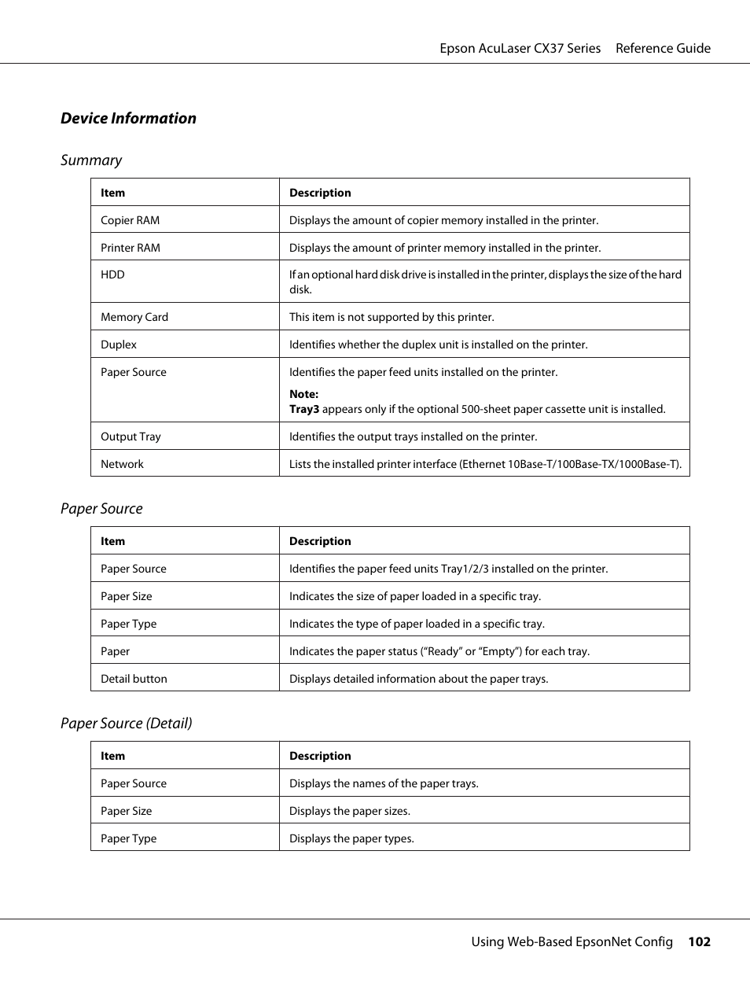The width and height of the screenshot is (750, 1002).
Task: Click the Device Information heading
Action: point(128,118)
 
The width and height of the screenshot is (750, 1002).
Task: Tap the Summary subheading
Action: point(91,160)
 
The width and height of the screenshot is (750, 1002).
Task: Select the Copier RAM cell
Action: point(130,220)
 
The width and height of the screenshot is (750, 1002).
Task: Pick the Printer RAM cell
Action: point(130,248)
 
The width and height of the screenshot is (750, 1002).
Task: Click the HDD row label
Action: point(112,274)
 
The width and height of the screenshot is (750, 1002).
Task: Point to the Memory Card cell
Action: point(134,317)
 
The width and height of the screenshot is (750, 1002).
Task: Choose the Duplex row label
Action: point(119,344)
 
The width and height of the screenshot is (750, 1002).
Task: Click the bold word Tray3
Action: point(303,409)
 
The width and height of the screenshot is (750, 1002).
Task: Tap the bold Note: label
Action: point(303,394)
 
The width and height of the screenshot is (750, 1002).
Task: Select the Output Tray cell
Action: point(131,437)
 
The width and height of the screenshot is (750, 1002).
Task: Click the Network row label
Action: point(122,464)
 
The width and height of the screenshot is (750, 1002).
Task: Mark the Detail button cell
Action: point(134,679)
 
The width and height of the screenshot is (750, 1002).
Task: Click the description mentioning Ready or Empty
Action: point(439,651)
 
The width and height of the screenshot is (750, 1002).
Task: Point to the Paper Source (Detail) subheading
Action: point(127,724)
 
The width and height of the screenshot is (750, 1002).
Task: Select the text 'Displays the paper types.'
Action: point(351,838)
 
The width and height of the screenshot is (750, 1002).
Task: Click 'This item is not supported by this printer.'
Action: point(392,317)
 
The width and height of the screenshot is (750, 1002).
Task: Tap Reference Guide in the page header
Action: point(663,48)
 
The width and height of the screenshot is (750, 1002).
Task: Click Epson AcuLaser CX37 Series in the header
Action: point(520,48)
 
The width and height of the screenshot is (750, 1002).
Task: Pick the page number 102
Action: point(699,941)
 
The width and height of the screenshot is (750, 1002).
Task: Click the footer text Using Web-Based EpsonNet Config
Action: point(572,941)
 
